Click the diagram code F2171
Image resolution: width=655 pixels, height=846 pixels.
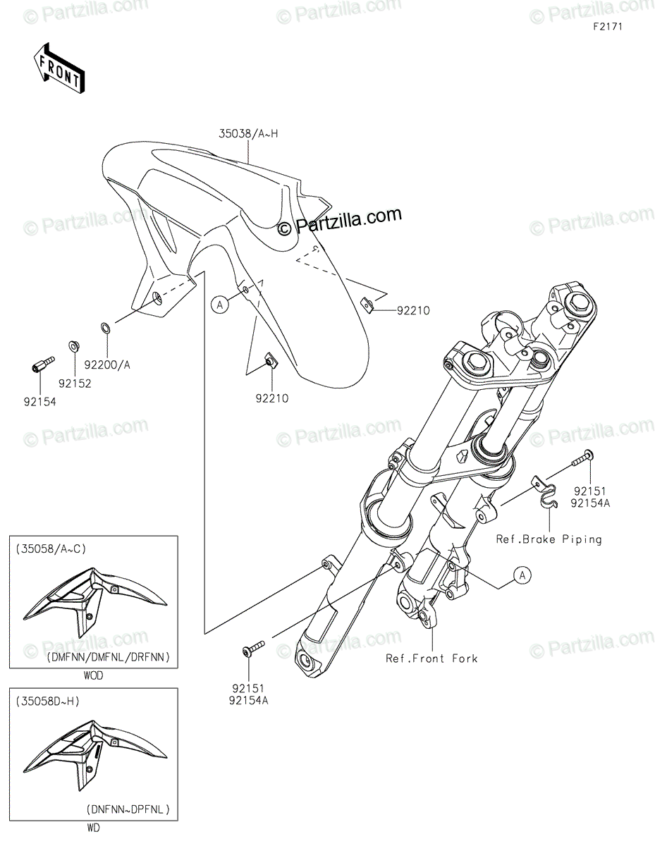[608, 27]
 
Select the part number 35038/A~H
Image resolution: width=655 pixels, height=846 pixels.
[248, 134]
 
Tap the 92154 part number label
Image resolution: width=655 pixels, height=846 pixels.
[39, 402]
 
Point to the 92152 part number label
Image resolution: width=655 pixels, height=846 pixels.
[75, 384]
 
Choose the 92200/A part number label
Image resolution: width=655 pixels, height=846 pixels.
[107, 365]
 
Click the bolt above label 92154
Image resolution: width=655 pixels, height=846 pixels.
[42, 364]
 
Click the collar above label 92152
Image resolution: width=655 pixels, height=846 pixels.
[73, 345]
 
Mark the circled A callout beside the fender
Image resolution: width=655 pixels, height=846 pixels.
[220, 305]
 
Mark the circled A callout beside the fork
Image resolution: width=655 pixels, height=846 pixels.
[522, 575]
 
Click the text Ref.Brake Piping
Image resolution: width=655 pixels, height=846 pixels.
[549, 539]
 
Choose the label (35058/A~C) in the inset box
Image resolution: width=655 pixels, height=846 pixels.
[51, 549]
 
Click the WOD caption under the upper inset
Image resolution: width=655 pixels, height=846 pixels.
[93, 676]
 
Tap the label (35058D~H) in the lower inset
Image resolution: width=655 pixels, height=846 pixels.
[47, 701]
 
